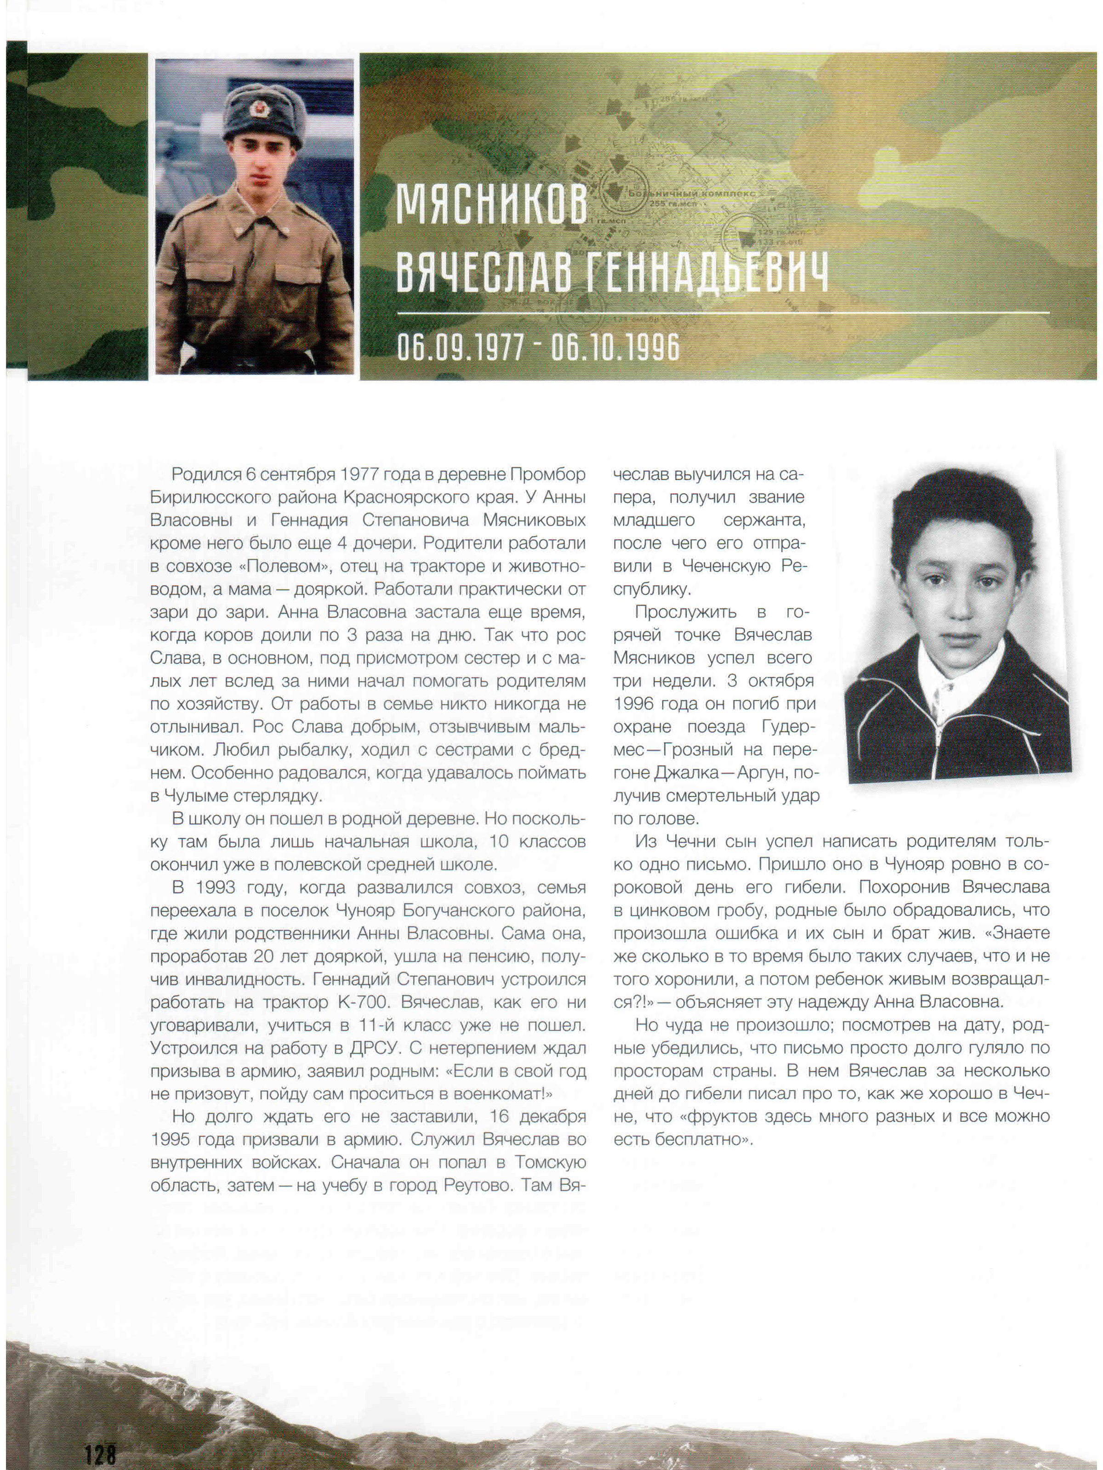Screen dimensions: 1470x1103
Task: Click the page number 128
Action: (100, 1451)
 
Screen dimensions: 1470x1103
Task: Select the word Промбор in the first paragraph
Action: (547, 475)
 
